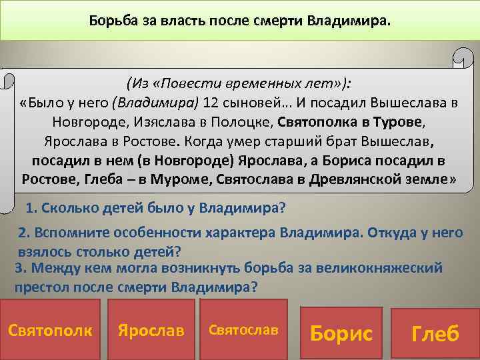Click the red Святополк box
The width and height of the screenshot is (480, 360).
click(51, 329)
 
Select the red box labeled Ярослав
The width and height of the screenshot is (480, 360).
click(151, 329)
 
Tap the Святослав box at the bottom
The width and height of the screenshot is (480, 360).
click(243, 329)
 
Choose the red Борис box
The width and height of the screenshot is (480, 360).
click(341, 333)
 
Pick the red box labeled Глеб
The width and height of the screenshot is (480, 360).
click(435, 333)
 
